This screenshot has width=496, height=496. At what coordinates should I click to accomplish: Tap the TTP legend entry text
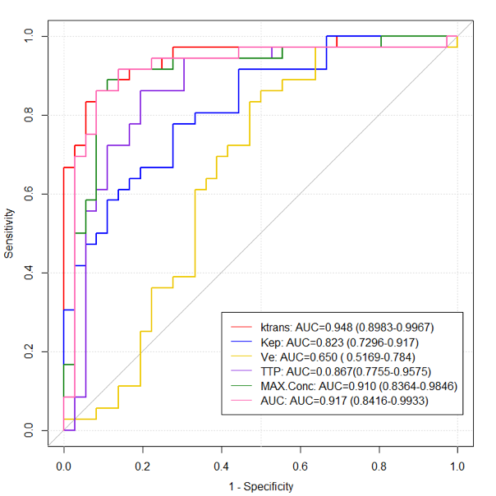(349, 372)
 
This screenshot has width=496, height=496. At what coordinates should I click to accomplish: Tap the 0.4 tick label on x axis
(221, 466)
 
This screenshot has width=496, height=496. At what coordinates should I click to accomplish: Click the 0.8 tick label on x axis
(379, 466)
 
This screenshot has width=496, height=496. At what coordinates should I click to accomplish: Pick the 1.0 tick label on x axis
(457, 466)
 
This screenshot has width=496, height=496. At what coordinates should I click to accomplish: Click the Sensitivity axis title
(9, 233)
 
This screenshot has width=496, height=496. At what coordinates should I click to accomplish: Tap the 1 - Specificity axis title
(260, 487)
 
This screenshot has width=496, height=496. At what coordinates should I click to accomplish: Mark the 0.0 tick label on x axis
(64, 466)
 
